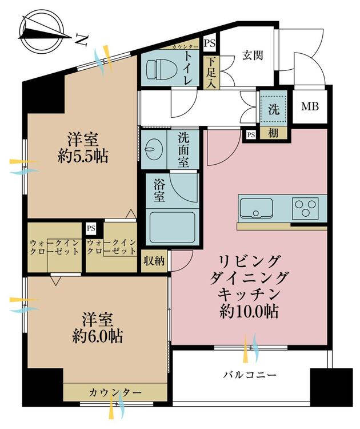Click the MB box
[x=310, y=107]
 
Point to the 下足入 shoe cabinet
[x=210, y=72]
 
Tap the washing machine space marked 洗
[x=274, y=110]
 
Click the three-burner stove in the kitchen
[x=305, y=208]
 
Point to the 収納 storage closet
[x=154, y=261]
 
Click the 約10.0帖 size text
[x=250, y=312]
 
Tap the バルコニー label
[x=250, y=375]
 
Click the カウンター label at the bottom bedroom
[x=114, y=392]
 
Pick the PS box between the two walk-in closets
[x=90, y=228]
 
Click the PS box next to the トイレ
[x=210, y=43]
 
